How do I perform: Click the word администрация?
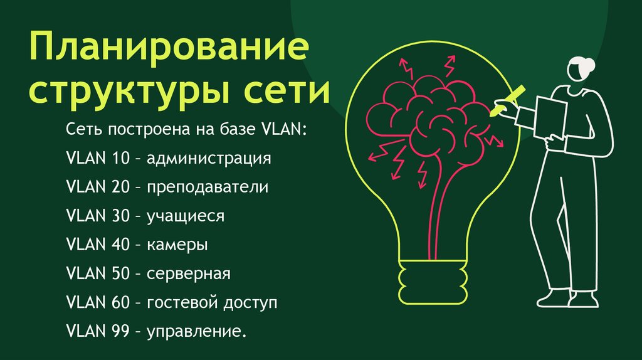pyautogui.click(x=209, y=158)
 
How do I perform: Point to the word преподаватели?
pyautogui.click(x=208, y=187)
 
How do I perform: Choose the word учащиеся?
pyautogui.click(x=186, y=216)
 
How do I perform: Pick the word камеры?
pyautogui.click(x=177, y=245)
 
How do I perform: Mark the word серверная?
pyautogui.click(x=189, y=273)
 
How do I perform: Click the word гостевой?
pyautogui.click(x=182, y=303)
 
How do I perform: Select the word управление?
pyautogui.click(x=194, y=332)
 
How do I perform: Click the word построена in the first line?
pyautogui.click(x=142, y=129)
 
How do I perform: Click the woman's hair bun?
pyautogui.click(x=591, y=64)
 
